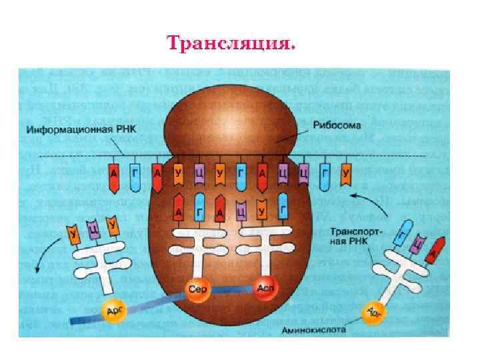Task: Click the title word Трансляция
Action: pos(230,44)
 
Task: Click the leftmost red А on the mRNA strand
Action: pos(115,175)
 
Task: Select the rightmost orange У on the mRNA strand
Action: pos(345,175)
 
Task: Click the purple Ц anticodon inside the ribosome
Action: pos(241,212)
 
